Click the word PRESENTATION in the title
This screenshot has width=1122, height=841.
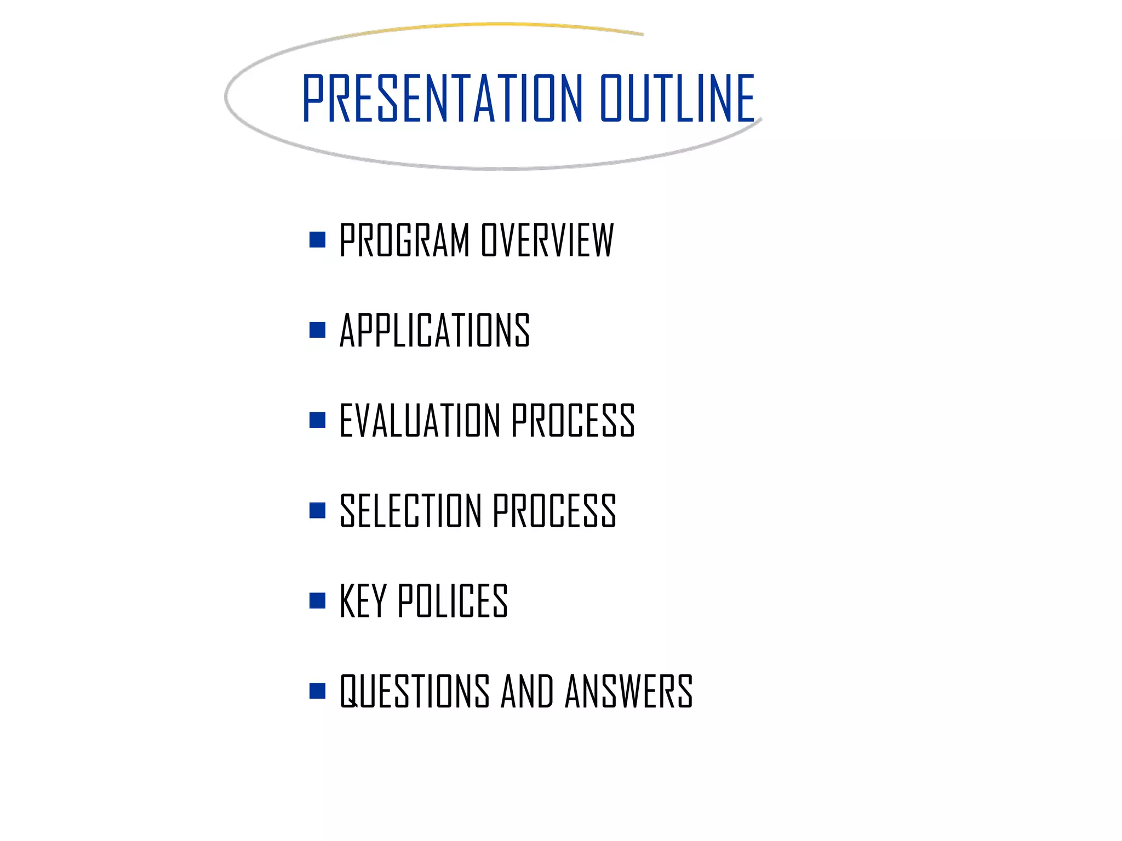[442, 99]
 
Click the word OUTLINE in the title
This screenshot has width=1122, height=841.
[677, 99]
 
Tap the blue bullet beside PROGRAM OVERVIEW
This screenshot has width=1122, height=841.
[317, 240]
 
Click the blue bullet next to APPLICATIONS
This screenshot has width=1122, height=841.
[317, 330]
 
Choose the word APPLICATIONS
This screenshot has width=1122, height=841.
[434, 330]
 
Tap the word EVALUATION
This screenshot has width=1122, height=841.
[420, 420]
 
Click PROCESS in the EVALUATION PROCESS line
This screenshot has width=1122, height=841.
[573, 420]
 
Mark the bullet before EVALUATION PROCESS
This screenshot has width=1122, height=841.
[317, 420]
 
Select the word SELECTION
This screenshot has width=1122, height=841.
[410, 511]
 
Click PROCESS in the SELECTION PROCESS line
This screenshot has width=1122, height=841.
[554, 511]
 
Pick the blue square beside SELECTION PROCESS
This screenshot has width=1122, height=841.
[317, 510]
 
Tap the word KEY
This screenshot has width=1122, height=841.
[363, 601]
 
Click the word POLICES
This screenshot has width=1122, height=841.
[453, 601]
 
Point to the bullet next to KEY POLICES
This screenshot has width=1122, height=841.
[317, 601]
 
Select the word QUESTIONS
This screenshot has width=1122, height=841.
[414, 691]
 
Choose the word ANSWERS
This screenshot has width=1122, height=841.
[629, 691]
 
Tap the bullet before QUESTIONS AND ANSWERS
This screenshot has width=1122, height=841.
[317, 691]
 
